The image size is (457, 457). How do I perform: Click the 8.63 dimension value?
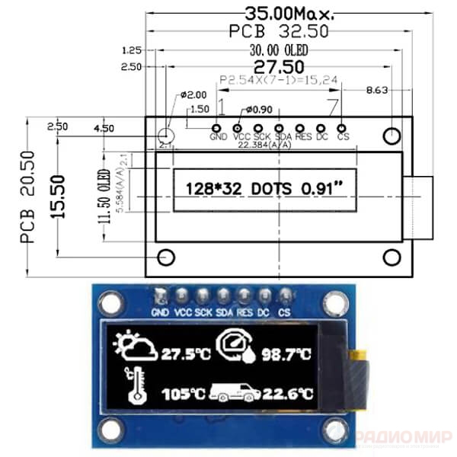pos(377,90)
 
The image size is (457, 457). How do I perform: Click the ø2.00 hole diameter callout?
pos(193,95)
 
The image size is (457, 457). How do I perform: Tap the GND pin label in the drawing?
pos(218,138)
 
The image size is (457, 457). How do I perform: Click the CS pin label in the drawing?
pos(343,138)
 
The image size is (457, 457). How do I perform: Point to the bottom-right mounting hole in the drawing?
pos(391,257)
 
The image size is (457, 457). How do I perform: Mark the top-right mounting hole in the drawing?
pos(391,136)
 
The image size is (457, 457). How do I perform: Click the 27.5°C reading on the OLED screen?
pos(186,354)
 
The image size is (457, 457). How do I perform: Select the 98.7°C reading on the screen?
pos(286,354)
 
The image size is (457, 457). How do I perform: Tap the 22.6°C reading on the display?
pos(288,394)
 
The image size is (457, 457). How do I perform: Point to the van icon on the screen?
pos(235,392)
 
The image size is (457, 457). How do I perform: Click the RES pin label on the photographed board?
pos(244,312)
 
